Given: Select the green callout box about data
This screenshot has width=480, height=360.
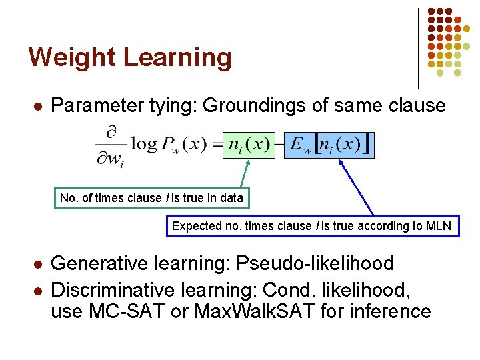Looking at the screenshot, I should [151, 198].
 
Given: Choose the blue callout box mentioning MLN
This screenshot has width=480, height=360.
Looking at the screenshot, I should [311, 226].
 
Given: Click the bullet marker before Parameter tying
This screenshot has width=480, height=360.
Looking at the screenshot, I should [39, 106].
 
